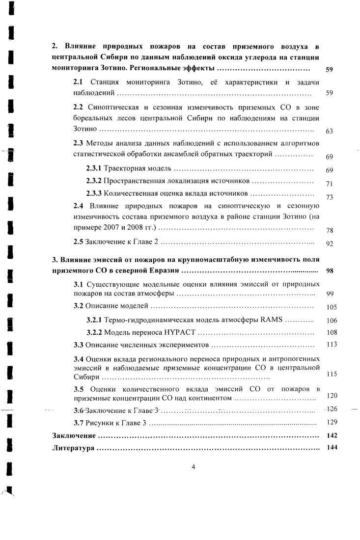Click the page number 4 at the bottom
193,466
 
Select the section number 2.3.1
94,169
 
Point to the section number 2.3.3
94,193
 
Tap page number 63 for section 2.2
330,131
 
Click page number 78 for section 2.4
330,230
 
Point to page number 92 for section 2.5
330,243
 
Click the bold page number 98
330,270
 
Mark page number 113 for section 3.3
332,344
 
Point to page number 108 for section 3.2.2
332,332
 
